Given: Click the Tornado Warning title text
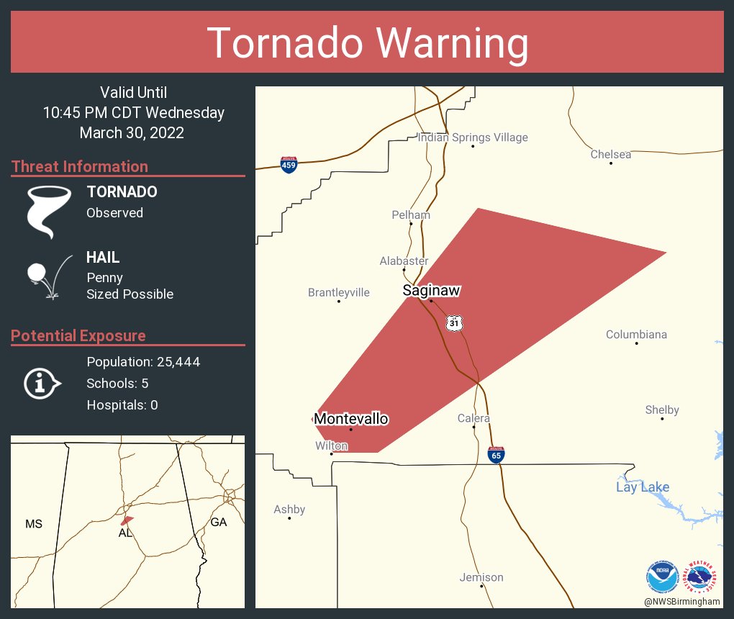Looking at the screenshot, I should [367, 43].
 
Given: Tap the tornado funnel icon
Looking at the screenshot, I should [49, 211].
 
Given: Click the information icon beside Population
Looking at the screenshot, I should [42, 383].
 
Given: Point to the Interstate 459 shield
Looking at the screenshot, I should [288, 164].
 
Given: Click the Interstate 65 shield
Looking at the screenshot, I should [496, 454].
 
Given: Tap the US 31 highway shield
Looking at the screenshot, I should [453, 323].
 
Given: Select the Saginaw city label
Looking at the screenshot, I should [431, 291].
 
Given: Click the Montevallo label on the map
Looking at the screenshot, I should [351, 419].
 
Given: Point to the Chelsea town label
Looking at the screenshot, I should [611, 154].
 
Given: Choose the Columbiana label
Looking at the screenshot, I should [636, 335].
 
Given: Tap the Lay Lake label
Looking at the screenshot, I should [643, 487].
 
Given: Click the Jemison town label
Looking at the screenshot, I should [481, 577].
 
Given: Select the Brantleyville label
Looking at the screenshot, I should [338, 292].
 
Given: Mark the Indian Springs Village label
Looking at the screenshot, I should [473, 137].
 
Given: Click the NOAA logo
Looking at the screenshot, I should [662, 577].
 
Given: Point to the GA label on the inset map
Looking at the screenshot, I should [219, 523].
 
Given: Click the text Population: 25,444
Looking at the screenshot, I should [143, 361].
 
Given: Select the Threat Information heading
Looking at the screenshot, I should [80, 167].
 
